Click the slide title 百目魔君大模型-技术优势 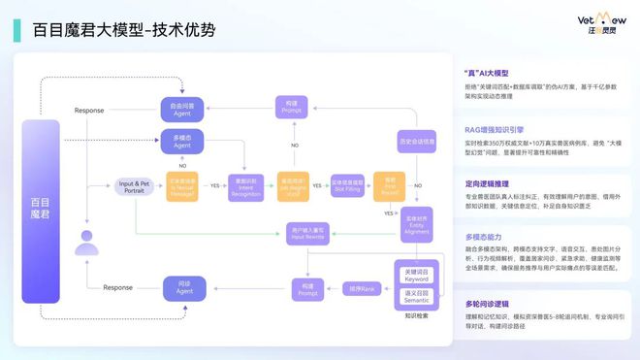coord(124,30)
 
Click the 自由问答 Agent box coord(182,109)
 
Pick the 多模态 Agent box coord(182,142)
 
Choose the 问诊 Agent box coord(182,287)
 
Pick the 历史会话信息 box coord(417,142)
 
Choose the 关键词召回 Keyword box coord(417,275)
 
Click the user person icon coord(88,242)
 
